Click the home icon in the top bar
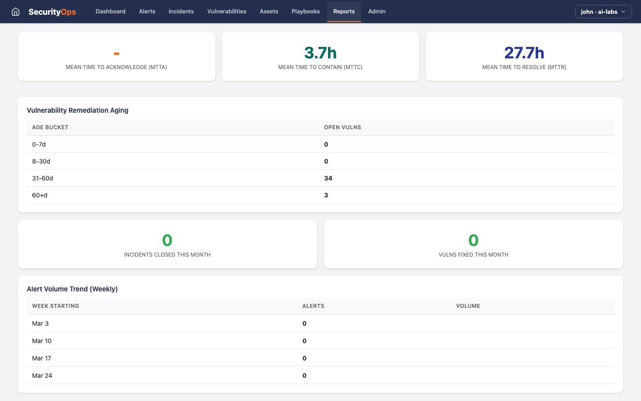pos(16,12)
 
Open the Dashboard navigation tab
pos(110,12)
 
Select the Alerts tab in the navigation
pos(147,12)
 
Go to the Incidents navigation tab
pos(181,12)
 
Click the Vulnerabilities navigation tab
pos(227,12)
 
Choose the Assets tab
pos(269,12)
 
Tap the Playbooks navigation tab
pos(305,12)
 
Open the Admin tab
pos(377,12)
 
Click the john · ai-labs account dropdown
pos(603,12)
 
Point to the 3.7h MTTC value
pos(320,53)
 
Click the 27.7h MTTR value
pos(524,53)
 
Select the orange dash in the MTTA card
pos(117,54)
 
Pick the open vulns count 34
pos(328,178)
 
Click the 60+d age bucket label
pos(40,195)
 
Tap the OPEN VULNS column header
pos(342,127)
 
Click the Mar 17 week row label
pos(41,358)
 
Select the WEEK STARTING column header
pos(56,306)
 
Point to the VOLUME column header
pos(468,306)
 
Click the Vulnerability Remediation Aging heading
pos(77,110)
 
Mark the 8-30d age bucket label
pos(41,161)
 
